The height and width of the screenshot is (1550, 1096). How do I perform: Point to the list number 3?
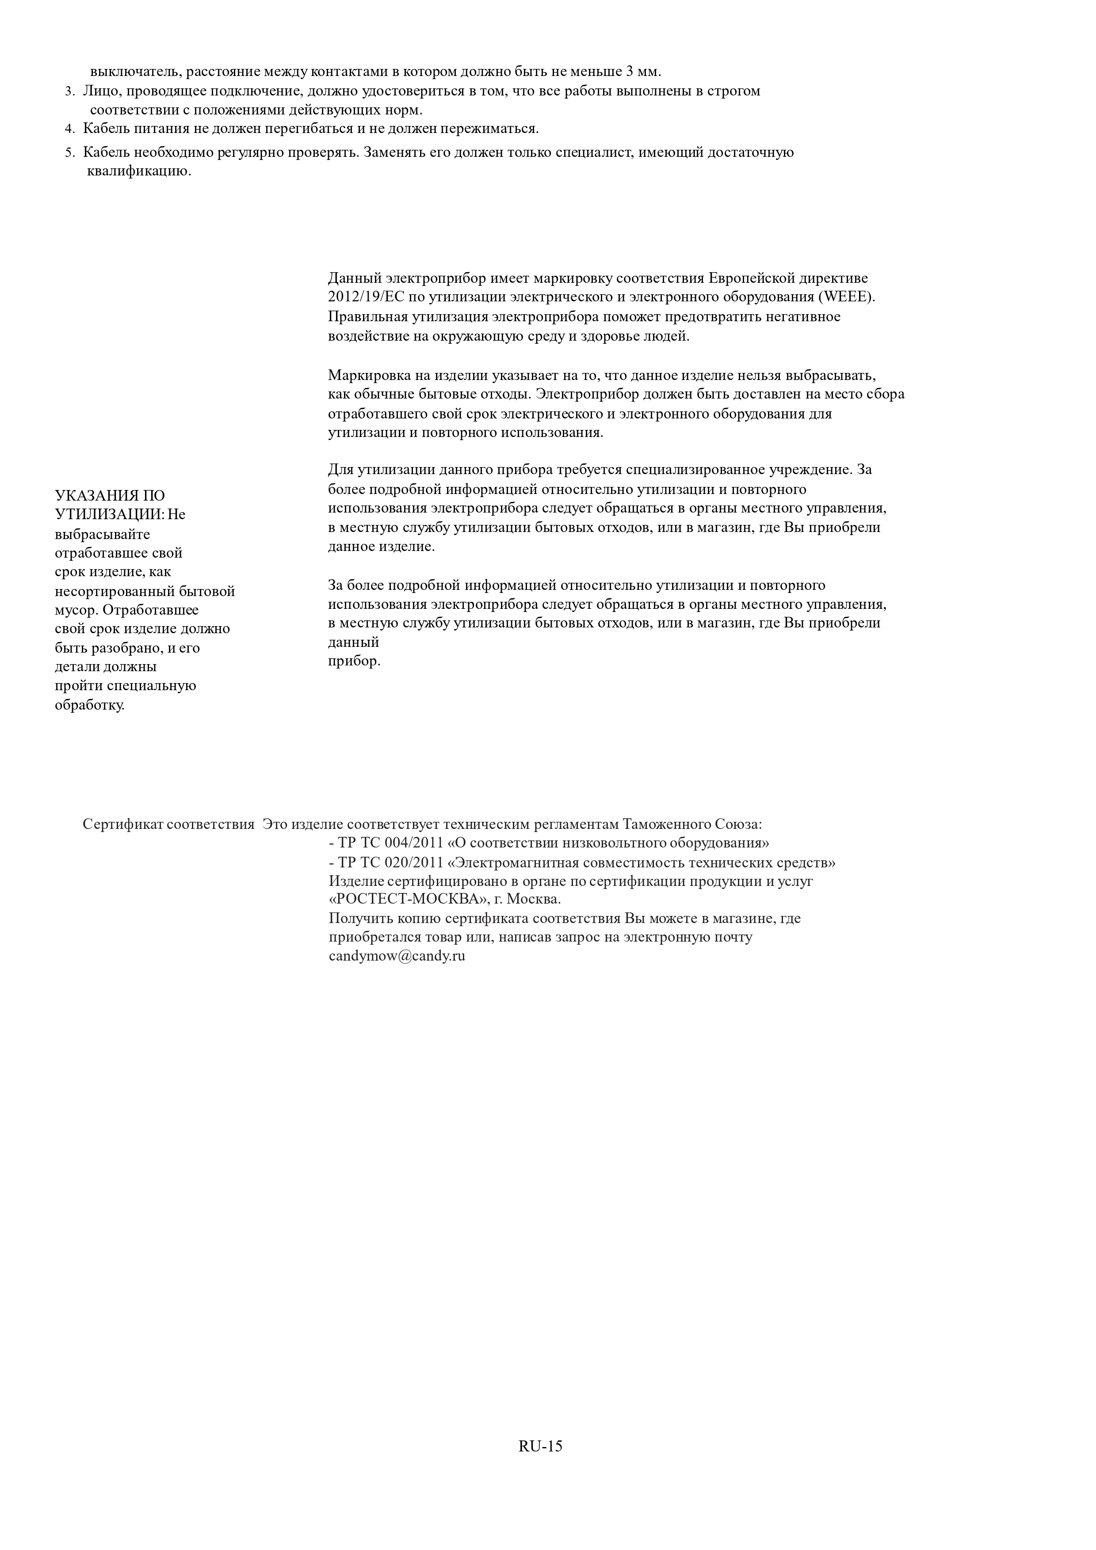[69, 91]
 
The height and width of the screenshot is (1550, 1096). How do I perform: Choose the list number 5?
[69, 152]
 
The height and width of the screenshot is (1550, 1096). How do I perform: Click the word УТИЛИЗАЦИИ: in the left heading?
[109, 514]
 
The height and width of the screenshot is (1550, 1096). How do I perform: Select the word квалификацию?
[139, 171]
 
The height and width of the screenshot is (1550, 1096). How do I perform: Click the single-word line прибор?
[354, 661]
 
